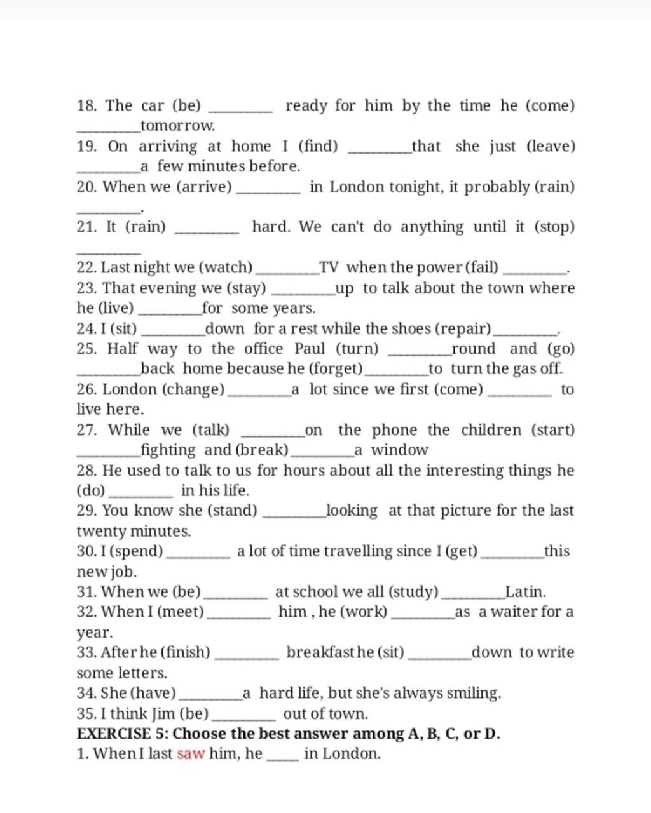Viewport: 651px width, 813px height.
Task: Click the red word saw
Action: (191, 754)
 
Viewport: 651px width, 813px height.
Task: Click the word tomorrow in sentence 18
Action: (178, 125)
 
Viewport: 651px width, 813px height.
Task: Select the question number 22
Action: (87, 267)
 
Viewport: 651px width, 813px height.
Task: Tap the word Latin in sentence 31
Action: (525, 592)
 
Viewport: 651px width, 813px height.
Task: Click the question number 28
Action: (87, 471)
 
